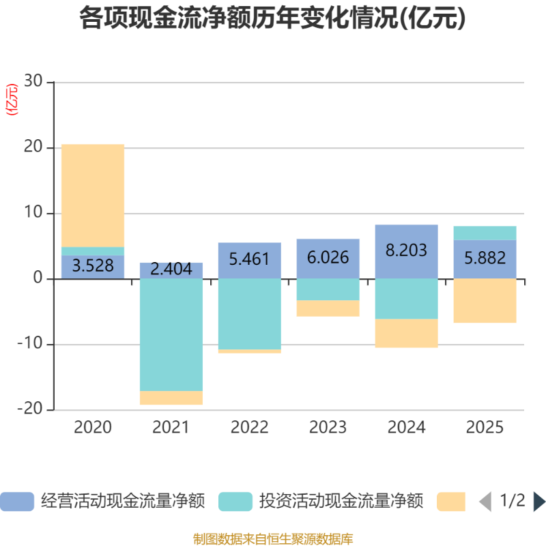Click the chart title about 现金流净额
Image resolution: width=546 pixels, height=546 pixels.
click(273, 18)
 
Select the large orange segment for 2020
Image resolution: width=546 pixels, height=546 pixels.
click(93, 195)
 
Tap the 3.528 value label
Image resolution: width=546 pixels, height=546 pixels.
click(93, 266)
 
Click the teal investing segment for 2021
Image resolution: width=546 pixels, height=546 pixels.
click(171, 334)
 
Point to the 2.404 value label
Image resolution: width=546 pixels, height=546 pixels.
click(171, 269)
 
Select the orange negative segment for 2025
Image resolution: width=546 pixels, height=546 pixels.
click(485, 301)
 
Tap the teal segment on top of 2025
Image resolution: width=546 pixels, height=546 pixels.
click(485, 233)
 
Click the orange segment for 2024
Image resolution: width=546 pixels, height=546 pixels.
click(407, 333)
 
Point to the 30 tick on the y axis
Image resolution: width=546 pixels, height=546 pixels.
click(33, 83)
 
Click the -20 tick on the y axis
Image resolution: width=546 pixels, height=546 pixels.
click(30, 409)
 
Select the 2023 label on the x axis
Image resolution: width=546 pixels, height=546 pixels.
click(328, 428)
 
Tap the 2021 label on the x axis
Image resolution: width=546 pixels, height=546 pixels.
click(171, 428)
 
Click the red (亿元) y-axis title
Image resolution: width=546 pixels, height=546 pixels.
click(12, 100)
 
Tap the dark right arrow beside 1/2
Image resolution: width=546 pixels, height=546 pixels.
click(538, 502)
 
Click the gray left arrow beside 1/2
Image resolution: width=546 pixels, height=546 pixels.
click(485, 502)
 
